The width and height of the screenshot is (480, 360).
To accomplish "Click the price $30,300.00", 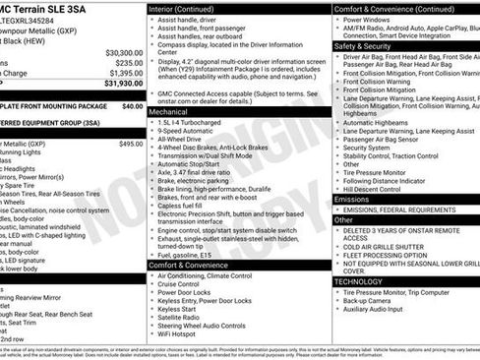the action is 117,51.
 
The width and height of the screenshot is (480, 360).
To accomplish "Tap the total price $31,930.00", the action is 116,84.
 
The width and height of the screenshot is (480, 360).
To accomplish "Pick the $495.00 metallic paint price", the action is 131,144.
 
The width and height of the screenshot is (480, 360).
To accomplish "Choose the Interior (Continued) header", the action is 185,8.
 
